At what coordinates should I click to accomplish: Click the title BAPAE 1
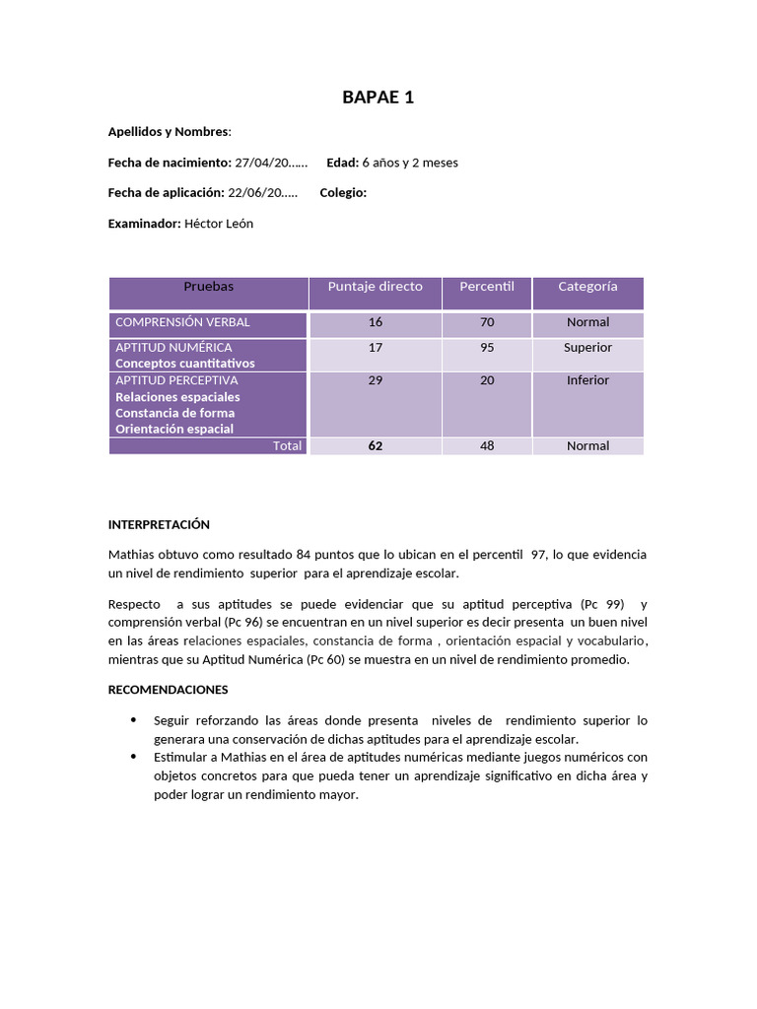[x=378, y=97]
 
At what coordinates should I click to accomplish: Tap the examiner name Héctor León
[x=219, y=224]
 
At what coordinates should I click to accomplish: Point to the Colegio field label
[x=343, y=193]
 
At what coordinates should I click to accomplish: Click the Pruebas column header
[x=208, y=287]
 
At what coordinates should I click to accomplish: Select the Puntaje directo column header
[x=375, y=287]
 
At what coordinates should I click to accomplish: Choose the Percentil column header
[x=487, y=287]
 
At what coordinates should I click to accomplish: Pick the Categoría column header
[x=587, y=287]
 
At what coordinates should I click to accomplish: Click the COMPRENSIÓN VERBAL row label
[x=182, y=322]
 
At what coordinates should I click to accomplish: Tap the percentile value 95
[x=487, y=348]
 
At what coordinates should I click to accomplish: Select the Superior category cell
[x=587, y=348]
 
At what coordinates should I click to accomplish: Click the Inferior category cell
[x=587, y=380]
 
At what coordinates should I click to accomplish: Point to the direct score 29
[x=375, y=380]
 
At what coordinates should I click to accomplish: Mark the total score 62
[x=375, y=446]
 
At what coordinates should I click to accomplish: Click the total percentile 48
[x=487, y=446]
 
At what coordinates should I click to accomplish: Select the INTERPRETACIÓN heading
[x=159, y=525]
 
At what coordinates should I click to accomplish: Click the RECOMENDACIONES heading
[x=168, y=690]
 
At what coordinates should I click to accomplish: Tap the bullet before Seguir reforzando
[x=133, y=720]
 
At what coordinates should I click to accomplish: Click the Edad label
[x=342, y=163]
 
